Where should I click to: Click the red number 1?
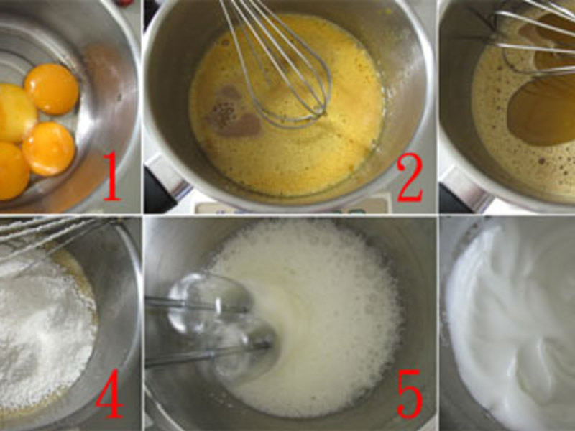pyautogui.click(x=112, y=176)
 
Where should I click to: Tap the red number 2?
pyautogui.click(x=410, y=178)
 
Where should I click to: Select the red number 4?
pyautogui.click(x=109, y=393)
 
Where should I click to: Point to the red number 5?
pyautogui.click(x=410, y=394)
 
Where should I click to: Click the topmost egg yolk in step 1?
pyautogui.click(x=52, y=89)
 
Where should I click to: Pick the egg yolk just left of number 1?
pyautogui.click(x=49, y=149)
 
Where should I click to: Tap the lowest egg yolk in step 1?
pyautogui.click(x=13, y=171)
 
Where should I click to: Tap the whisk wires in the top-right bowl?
pyautogui.click(x=535, y=37)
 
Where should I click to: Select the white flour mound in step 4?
pyautogui.click(x=40, y=330)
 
